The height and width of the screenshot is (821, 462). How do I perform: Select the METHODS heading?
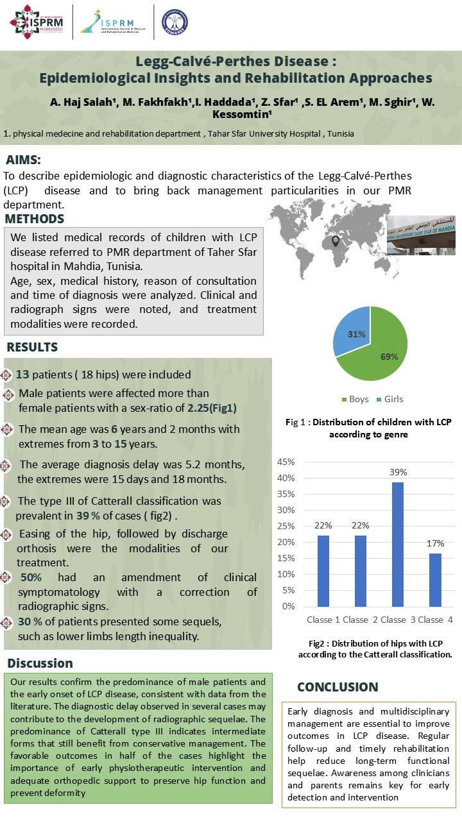(43, 219)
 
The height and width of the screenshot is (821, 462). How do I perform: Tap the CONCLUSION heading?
(338, 687)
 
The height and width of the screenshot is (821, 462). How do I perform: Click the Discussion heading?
(40, 663)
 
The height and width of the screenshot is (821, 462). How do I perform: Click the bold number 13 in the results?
(22, 375)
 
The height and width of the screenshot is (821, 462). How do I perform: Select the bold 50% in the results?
(32, 577)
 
